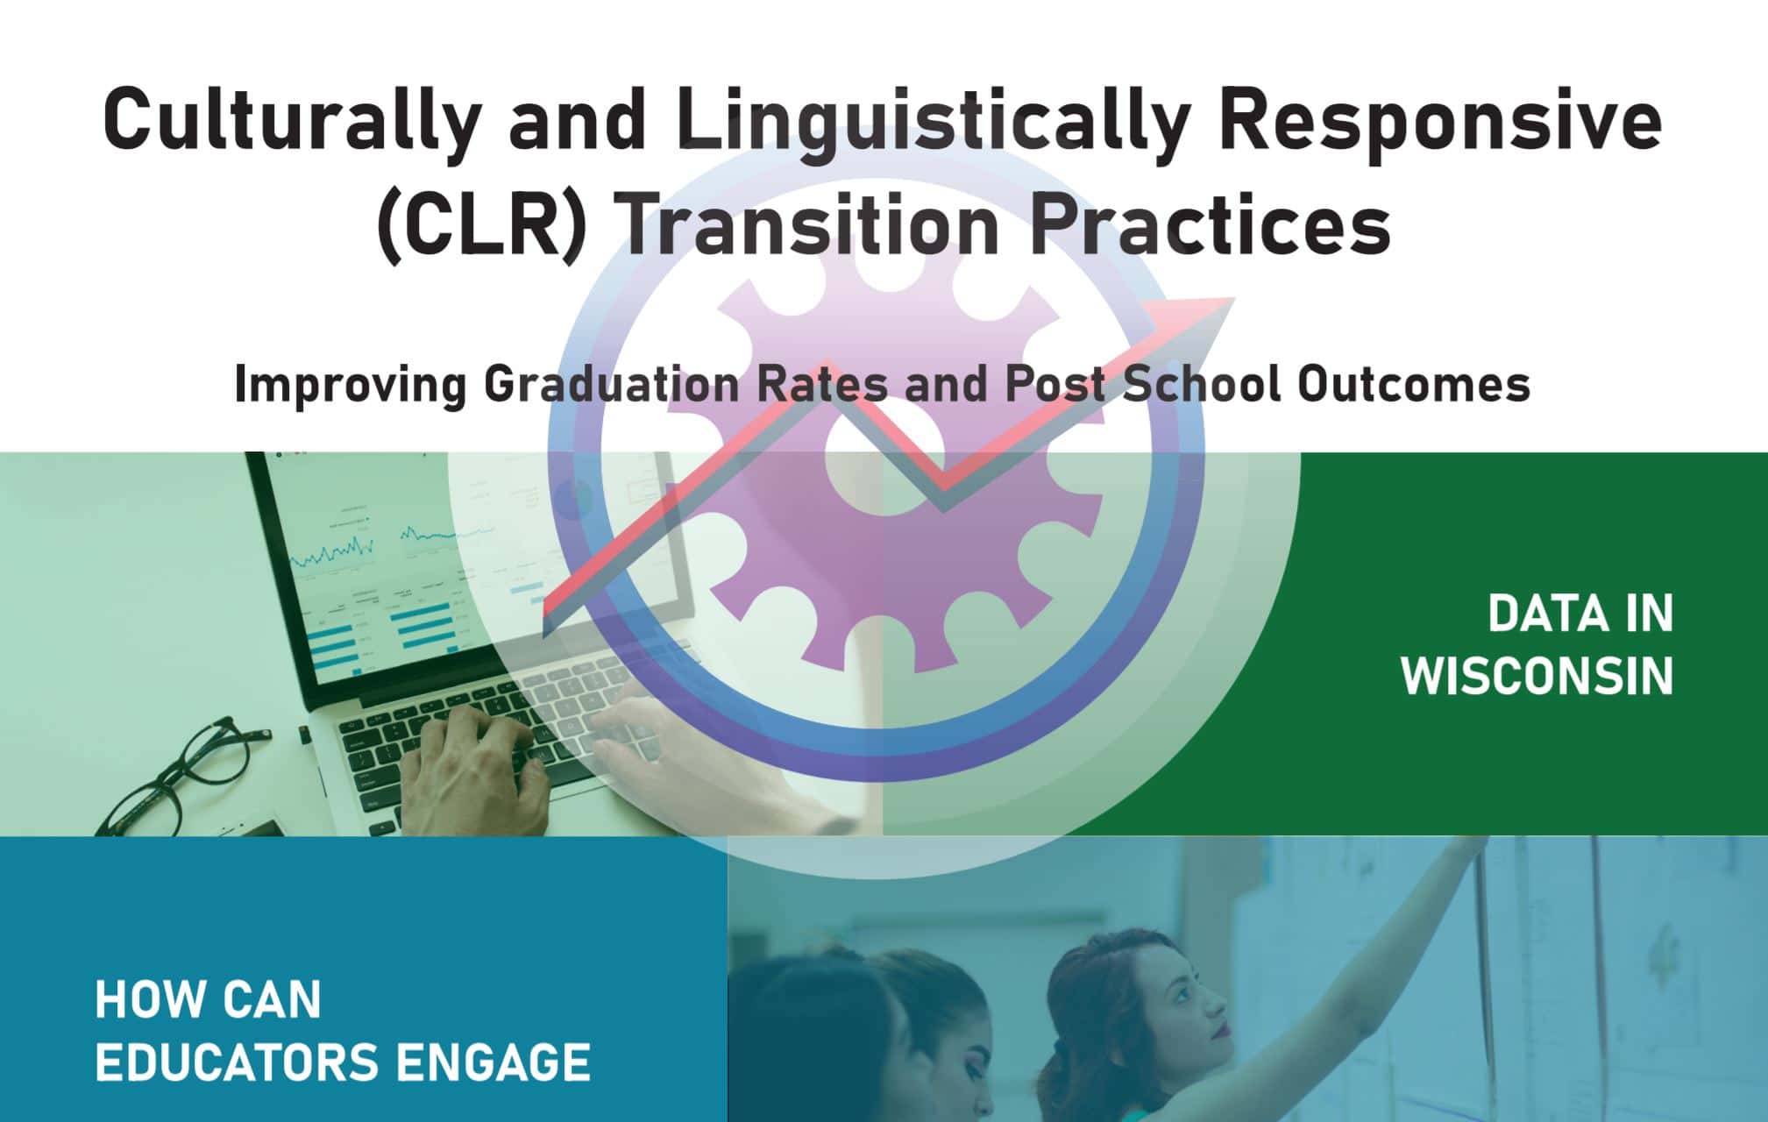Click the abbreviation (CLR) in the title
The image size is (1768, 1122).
(480, 224)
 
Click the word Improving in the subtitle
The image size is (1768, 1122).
(350, 386)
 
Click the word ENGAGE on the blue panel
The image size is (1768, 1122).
(493, 1062)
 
